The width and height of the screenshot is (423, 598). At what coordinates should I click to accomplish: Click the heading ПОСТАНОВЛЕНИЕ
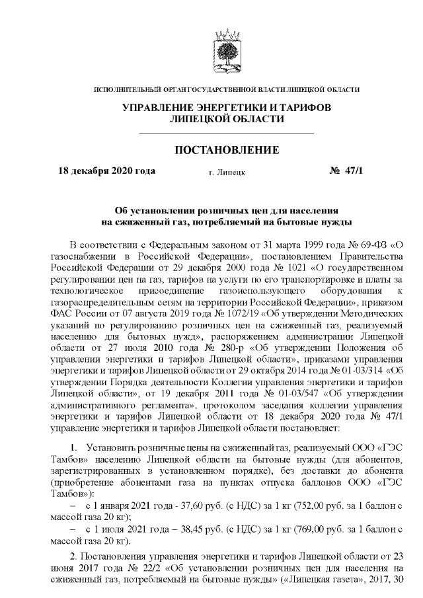(226, 151)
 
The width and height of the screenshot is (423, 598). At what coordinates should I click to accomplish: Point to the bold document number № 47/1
(346, 170)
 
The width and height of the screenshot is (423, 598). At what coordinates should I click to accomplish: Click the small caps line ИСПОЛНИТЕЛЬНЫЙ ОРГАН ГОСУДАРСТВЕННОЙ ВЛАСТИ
(227, 89)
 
